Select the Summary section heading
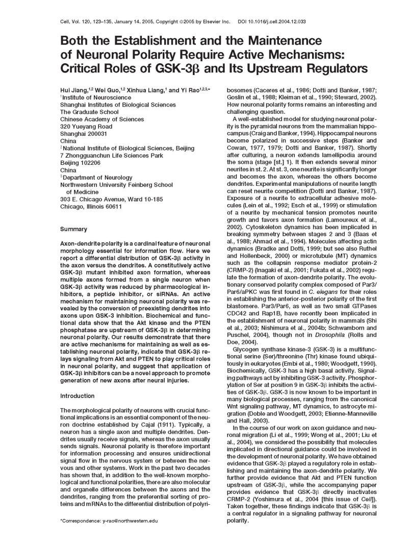(x=73, y=229)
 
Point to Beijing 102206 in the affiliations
(x=81, y=162)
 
